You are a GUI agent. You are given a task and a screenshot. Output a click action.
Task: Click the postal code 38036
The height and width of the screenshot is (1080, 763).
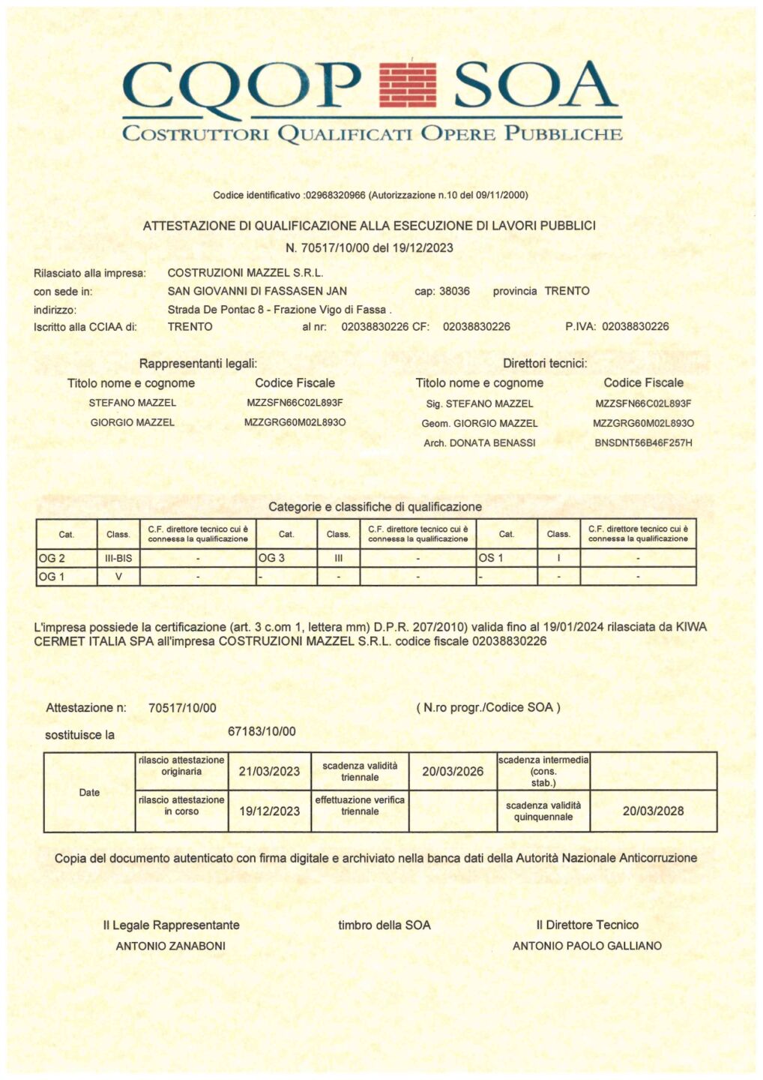coord(454,291)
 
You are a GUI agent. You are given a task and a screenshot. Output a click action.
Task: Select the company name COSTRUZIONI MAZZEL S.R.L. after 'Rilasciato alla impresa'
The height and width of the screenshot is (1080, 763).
coord(245,273)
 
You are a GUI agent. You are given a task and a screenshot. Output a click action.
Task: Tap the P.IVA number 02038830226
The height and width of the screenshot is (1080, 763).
coord(636,326)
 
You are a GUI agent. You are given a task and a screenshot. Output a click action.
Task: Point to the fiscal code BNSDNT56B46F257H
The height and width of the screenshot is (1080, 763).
coord(643,442)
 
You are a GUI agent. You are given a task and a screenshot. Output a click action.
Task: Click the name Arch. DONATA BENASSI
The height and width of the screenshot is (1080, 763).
coord(480,442)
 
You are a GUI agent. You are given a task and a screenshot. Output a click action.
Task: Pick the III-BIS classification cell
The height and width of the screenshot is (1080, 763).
coord(118,558)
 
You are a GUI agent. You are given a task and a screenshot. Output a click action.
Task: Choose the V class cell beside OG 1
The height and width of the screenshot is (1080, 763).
coord(118,577)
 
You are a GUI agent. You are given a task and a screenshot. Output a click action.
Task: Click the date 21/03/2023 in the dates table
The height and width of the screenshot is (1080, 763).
coord(269,771)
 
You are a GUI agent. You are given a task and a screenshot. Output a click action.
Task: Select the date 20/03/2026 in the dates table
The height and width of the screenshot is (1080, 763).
coord(453,771)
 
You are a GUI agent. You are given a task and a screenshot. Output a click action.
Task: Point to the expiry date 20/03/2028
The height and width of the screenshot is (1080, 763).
coord(653,811)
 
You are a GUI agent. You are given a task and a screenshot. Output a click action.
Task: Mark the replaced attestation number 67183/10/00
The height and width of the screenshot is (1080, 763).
coord(262,731)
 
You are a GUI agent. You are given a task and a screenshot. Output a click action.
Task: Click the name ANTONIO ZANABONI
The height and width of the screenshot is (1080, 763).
coord(171,946)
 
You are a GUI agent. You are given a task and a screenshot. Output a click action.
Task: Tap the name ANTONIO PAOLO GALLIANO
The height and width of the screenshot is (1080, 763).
coord(587,946)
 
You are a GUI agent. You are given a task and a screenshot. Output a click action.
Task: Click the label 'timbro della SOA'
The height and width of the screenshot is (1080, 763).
coord(384,925)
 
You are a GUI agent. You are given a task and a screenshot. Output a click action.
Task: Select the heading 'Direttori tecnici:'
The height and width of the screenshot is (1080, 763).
coord(545,364)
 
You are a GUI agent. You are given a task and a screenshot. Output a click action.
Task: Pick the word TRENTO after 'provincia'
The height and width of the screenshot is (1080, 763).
coord(567,291)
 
